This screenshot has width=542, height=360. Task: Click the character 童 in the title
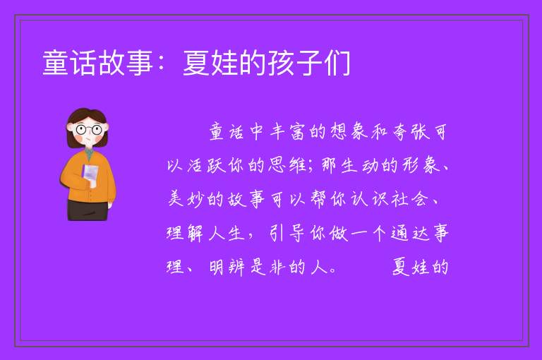point(56,63)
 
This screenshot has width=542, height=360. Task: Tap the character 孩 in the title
point(282,63)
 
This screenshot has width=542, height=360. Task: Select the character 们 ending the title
point(338,63)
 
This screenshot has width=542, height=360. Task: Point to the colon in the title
point(161,64)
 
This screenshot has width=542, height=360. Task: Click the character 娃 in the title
point(224,63)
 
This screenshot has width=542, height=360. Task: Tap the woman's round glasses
point(88,130)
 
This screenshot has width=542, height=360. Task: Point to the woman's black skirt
point(88,210)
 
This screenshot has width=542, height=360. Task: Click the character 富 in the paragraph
point(297,132)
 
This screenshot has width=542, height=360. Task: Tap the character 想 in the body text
point(339,132)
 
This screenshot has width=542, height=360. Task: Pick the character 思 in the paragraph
point(277,165)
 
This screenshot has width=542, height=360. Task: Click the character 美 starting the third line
point(175,199)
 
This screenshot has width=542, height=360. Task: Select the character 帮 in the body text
point(318,199)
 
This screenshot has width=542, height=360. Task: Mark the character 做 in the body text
point(339,233)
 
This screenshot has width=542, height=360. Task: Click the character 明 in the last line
point(217,267)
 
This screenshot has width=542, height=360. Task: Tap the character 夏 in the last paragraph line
point(400,267)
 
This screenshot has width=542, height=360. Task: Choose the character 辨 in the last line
point(236,267)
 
